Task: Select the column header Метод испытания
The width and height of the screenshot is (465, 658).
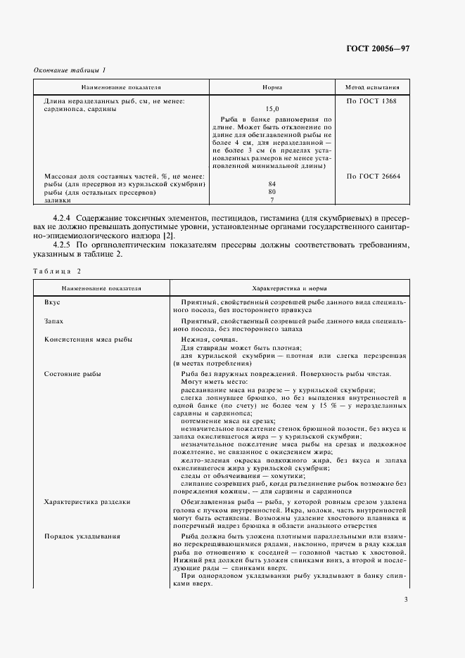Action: (x=372, y=88)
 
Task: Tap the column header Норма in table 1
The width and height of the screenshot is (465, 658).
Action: (x=272, y=88)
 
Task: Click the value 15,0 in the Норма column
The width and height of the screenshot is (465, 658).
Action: (x=272, y=110)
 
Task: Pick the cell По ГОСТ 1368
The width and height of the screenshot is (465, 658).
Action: (x=372, y=101)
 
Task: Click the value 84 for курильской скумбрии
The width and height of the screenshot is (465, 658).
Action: (x=272, y=184)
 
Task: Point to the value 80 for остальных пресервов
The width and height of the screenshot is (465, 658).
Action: (x=272, y=192)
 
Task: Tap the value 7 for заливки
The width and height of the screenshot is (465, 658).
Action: (x=272, y=200)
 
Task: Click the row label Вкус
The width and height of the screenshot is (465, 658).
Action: (x=52, y=302)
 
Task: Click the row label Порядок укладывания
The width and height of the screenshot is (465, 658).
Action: (x=82, y=536)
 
